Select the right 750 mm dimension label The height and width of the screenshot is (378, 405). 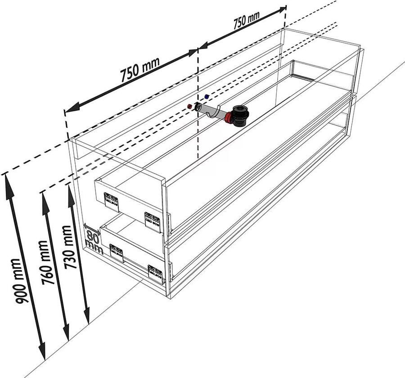[x=247, y=21]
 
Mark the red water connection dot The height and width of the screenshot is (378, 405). [x=190, y=106]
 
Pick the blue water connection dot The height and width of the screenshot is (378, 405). [x=207, y=96]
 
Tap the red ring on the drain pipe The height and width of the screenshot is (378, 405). [x=229, y=118]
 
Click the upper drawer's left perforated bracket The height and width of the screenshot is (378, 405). [x=111, y=201]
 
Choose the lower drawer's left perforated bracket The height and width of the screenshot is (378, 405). [x=117, y=253]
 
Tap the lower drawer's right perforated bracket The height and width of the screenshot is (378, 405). [x=156, y=274]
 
